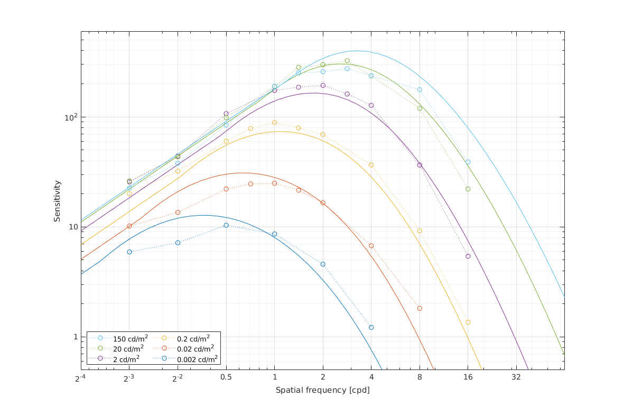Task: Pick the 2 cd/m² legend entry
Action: pyautogui.click(x=126, y=359)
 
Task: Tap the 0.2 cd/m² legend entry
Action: pyautogui.click(x=193, y=338)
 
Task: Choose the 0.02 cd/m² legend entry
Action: pyautogui.click(x=195, y=348)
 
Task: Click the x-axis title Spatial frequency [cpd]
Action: pyautogui.click(x=322, y=390)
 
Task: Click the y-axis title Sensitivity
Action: pyautogui.click(x=57, y=201)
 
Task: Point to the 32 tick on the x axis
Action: pyautogui.click(x=516, y=377)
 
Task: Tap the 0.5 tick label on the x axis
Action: pyautogui.click(x=226, y=377)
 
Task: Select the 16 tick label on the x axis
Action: pyautogui.click(x=468, y=377)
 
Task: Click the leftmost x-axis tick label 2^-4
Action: pyautogui.click(x=80, y=377)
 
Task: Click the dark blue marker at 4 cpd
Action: pyautogui.click(x=371, y=327)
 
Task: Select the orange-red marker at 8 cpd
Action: pyautogui.click(x=420, y=308)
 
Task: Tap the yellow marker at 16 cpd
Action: pyautogui.click(x=468, y=322)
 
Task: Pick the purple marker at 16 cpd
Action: pyautogui.click(x=468, y=256)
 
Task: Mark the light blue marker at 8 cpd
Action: pyautogui.click(x=420, y=89)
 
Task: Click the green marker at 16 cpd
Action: pyautogui.click(x=468, y=189)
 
